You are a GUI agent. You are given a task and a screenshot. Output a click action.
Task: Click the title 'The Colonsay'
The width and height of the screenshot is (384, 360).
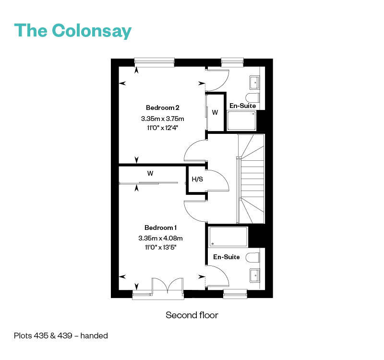pyautogui.click(x=73, y=31)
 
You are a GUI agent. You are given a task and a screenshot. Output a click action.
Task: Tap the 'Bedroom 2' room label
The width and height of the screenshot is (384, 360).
pyautogui.click(x=163, y=108)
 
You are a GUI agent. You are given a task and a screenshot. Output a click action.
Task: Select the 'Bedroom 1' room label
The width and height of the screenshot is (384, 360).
pyautogui.click(x=160, y=228)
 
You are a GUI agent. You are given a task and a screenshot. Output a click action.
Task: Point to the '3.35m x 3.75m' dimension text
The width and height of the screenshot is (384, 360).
pyautogui.click(x=163, y=119)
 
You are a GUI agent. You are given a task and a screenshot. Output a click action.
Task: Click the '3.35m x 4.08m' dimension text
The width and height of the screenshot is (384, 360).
pyautogui.click(x=160, y=238)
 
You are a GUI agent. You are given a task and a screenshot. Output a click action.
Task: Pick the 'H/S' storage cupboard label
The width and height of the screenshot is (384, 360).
pyautogui.click(x=197, y=179)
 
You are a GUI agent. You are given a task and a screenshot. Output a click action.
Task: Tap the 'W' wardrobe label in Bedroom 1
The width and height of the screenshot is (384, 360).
pyautogui.click(x=150, y=173)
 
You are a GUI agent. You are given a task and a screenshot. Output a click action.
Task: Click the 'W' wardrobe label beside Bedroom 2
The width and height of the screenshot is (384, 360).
pyautogui.click(x=215, y=112)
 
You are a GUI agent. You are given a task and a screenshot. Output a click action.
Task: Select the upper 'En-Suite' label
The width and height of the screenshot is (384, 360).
pyautogui.click(x=243, y=106)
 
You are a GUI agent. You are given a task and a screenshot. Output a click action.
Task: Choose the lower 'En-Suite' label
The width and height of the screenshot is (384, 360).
pyautogui.click(x=226, y=257)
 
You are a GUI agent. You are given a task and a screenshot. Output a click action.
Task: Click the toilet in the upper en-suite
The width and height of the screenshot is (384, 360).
pyautogui.click(x=252, y=98)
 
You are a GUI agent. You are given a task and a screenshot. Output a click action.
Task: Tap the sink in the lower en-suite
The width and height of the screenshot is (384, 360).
pyautogui.click(x=255, y=276)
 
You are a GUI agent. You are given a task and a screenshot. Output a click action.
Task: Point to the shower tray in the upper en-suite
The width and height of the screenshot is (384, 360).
pyautogui.click(x=242, y=121)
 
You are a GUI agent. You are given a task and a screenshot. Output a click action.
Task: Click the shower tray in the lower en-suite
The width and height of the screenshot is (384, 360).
pyautogui.click(x=228, y=237)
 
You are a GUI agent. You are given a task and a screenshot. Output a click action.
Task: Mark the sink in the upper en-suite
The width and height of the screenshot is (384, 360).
pyautogui.click(x=254, y=83)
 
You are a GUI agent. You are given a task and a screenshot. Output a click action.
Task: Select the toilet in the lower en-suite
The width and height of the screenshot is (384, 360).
pyautogui.click(x=253, y=258)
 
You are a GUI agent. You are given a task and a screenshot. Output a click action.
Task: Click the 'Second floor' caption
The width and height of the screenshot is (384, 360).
pyautogui.click(x=192, y=315)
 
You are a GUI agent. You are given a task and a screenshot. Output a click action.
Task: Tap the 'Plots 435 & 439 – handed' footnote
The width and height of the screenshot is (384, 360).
pyautogui.click(x=61, y=336)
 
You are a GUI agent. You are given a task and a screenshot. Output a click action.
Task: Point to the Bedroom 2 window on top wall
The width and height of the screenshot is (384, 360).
pyautogui.click(x=154, y=62)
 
